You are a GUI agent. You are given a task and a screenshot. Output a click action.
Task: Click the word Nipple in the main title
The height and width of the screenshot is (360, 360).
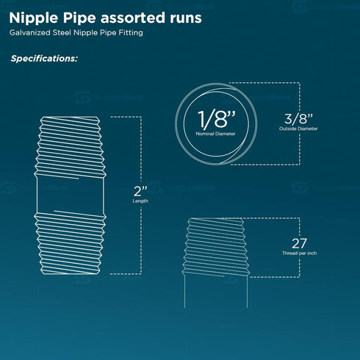point(33,18)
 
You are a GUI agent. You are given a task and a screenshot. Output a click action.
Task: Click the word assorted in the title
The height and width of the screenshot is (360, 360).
point(133,18)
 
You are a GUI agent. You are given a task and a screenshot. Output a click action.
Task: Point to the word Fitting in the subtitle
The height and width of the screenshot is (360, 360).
point(131,33)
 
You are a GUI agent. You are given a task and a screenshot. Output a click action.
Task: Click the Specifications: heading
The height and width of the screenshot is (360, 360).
point(44,59)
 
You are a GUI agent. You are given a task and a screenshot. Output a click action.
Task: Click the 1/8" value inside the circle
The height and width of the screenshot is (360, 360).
point(217,119)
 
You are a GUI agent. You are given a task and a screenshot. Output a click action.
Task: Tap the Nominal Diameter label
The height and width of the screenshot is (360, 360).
point(215,134)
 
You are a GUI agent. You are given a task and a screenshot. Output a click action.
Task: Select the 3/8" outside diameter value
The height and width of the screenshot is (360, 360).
point(298,118)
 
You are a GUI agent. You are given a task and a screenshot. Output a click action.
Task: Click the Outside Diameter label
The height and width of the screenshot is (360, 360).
point(298,129)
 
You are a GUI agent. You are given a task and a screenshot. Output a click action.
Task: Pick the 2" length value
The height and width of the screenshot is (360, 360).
point(140,191)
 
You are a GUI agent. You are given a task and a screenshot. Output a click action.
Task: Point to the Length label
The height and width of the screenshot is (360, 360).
point(140,201)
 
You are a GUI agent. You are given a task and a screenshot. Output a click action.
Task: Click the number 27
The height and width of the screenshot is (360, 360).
point(299,243)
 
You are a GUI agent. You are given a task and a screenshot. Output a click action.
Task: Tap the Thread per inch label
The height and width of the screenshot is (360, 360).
point(299,253)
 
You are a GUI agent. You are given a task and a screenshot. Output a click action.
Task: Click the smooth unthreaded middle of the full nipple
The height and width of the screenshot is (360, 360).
point(71,195)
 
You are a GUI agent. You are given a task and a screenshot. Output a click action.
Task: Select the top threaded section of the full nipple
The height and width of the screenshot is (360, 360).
point(71,147)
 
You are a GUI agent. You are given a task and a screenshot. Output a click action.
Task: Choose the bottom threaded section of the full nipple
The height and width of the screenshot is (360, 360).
point(71,243)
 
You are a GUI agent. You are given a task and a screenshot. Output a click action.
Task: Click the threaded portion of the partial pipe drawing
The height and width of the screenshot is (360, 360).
point(216,247)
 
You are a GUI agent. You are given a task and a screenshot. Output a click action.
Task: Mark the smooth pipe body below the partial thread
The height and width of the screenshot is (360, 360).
point(216,292)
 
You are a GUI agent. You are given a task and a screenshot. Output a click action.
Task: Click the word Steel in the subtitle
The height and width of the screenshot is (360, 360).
point(62,32)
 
